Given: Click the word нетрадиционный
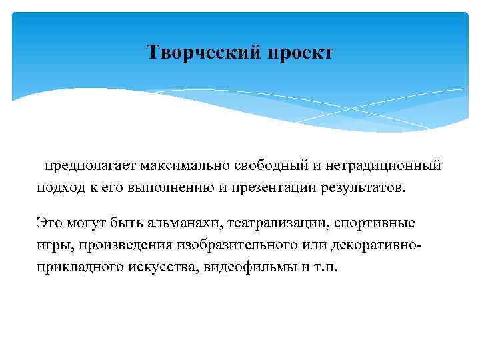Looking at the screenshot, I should point(379,165).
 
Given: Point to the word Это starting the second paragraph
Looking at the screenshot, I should point(50,222).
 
